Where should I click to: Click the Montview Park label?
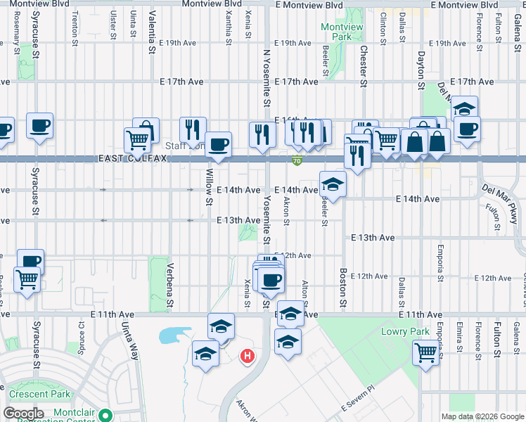[x=336, y=31]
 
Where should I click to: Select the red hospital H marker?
[x=248, y=357]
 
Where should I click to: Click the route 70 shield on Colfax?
[x=297, y=162]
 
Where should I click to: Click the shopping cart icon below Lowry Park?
[x=425, y=351]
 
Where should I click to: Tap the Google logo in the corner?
[x=23, y=414]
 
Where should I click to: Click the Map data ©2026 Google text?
[x=482, y=416]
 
